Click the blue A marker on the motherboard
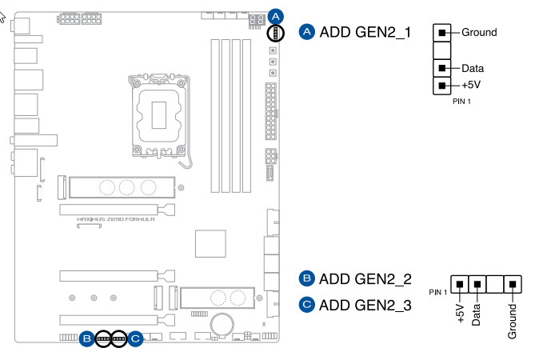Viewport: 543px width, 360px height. click(275, 16)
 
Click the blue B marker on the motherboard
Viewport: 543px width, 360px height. click(86, 339)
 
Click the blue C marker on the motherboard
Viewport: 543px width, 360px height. click(135, 339)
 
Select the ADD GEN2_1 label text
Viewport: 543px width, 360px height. click(365, 32)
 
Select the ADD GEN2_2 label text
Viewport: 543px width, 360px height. click(365, 279)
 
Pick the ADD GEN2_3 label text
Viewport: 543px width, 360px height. click(365, 304)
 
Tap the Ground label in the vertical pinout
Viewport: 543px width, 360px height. click(479, 33)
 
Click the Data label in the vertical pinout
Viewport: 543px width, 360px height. click(473, 69)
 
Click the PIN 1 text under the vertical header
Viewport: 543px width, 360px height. click(463, 102)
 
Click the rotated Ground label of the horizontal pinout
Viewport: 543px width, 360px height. click(512, 320)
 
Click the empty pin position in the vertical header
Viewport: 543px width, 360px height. click(441, 50)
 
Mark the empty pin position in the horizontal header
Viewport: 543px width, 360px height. click(495, 284)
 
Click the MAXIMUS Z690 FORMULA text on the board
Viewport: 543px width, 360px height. click(116, 218)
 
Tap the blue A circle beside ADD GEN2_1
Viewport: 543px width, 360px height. click(305, 32)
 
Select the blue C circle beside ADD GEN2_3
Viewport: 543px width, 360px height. click(305, 304)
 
